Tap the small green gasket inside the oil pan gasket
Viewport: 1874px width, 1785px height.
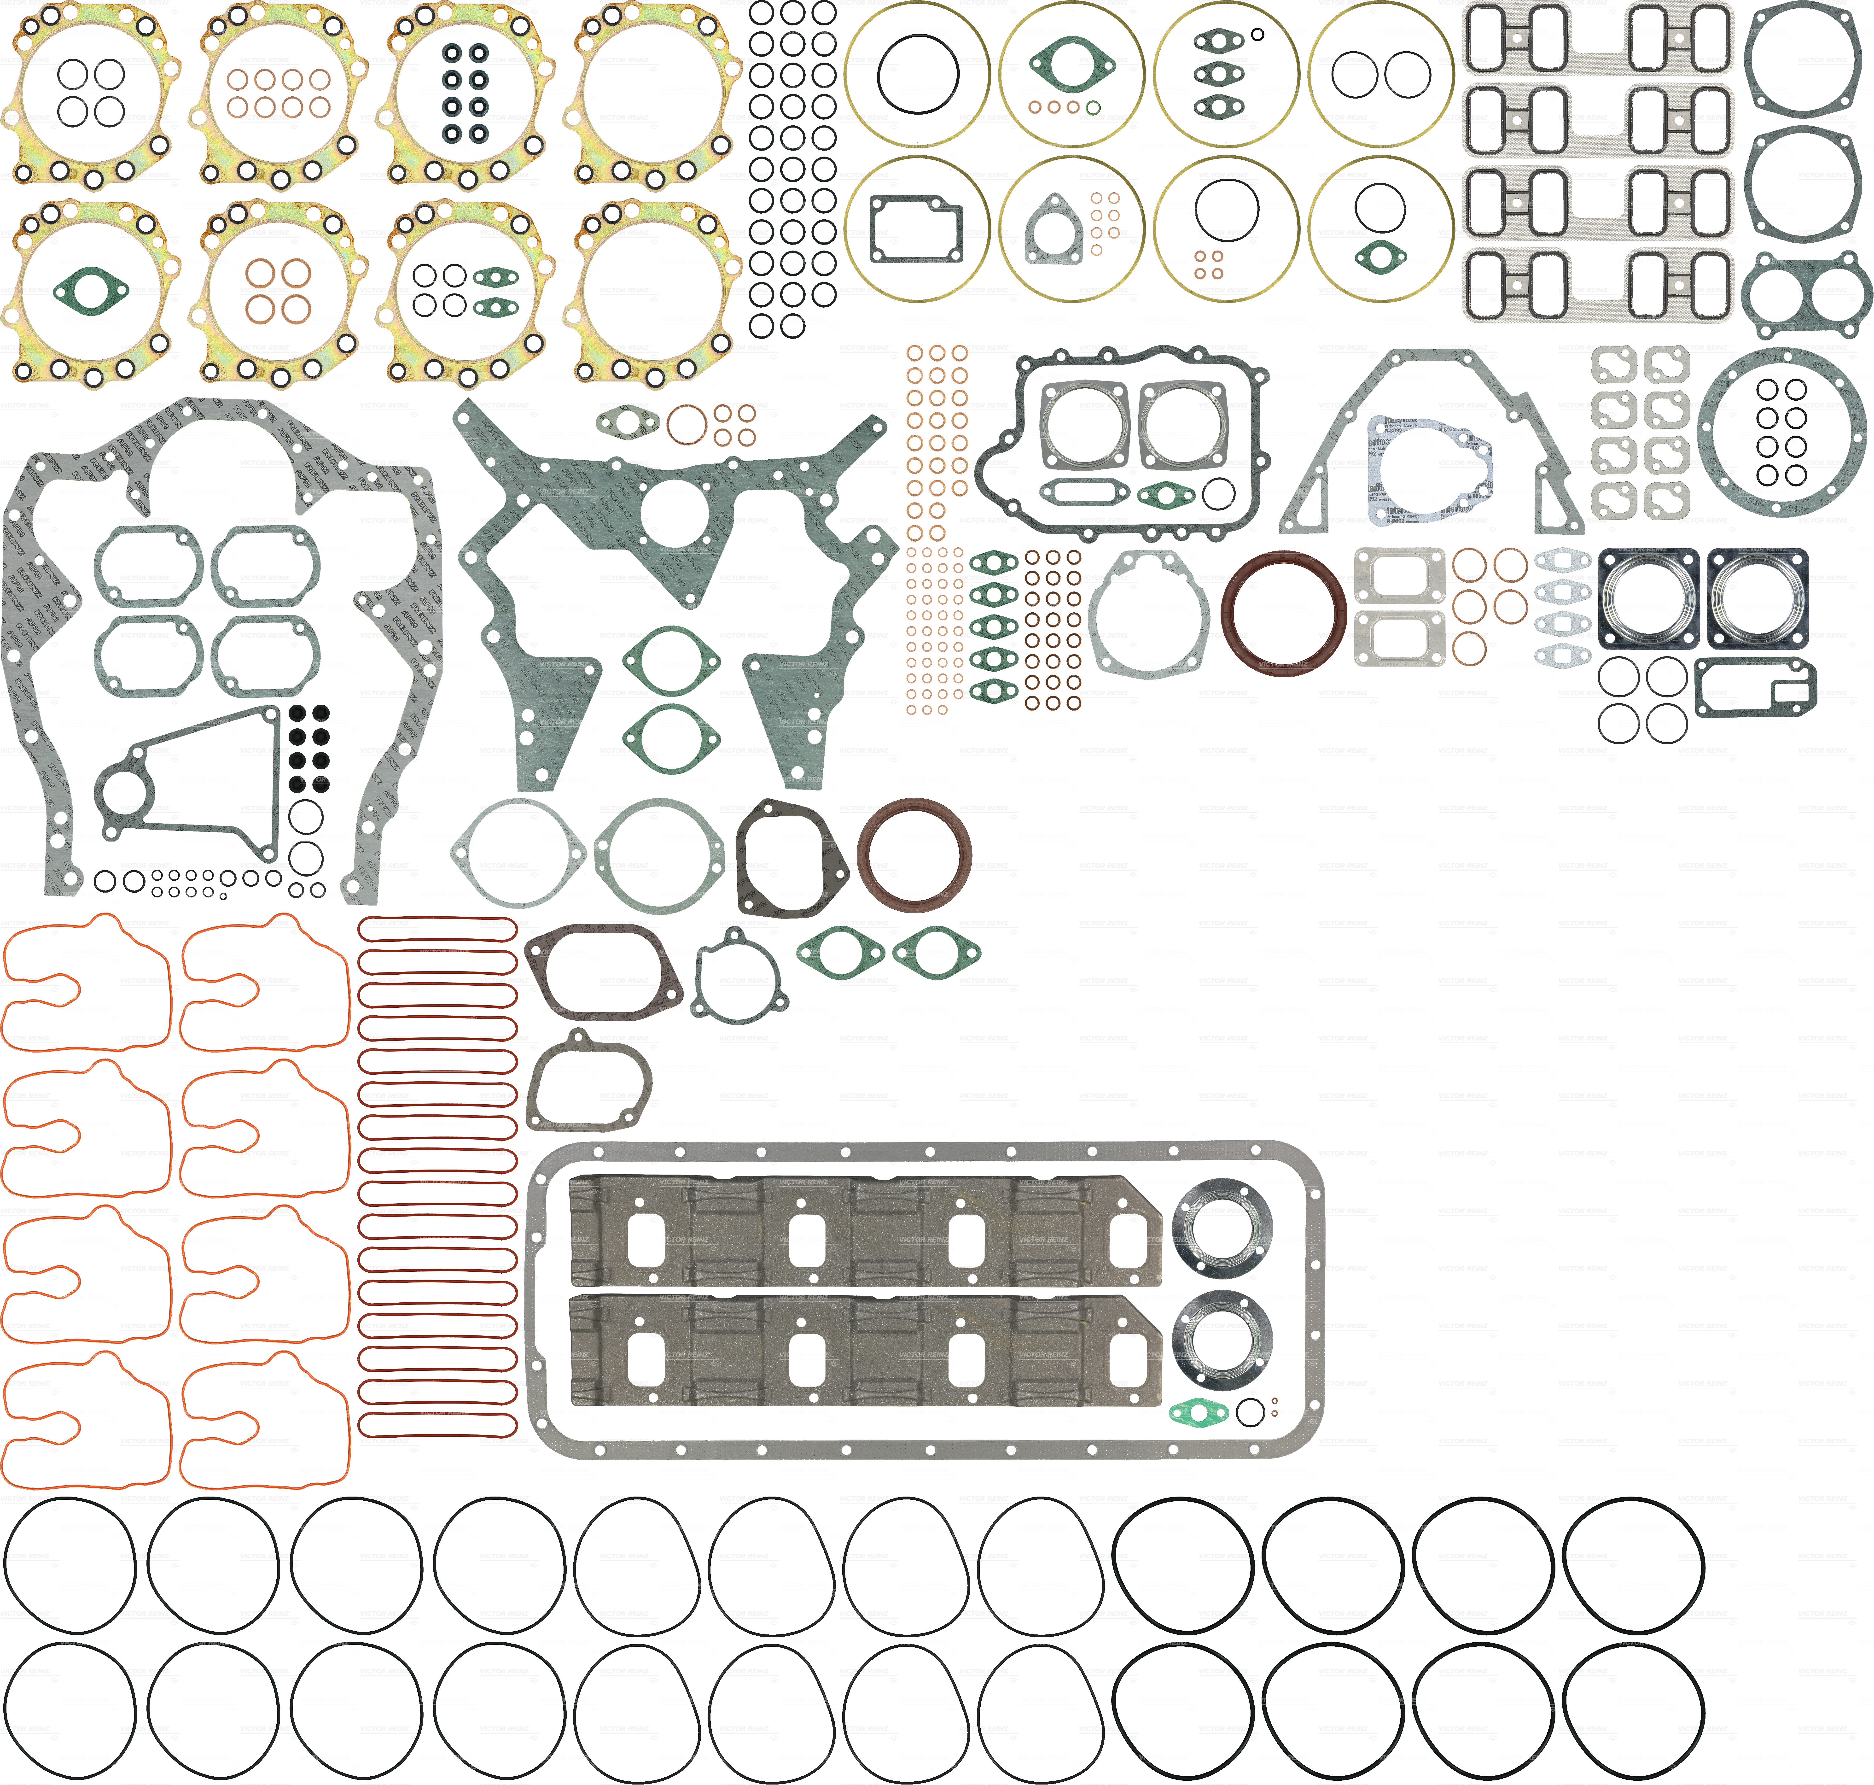coord(1197,1413)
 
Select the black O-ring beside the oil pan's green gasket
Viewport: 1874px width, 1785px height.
coord(1250,1413)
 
